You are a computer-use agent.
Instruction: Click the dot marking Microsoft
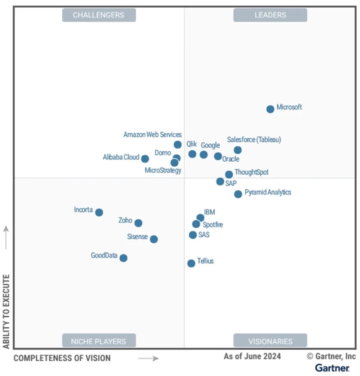coord(270,109)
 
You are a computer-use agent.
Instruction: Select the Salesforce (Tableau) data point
coord(238,150)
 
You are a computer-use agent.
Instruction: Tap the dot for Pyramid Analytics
coord(238,194)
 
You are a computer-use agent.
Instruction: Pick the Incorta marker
coord(99,213)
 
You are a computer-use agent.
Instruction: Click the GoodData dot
coord(123,258)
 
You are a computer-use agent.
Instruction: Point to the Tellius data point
coord(191,263)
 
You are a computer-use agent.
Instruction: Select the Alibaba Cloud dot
coord(145,159)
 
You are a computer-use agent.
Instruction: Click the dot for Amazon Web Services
coord(178,145)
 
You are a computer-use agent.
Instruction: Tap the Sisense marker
coord(154,239)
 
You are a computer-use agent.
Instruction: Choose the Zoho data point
coord(138,223)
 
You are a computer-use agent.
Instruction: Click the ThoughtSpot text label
coord(252,172)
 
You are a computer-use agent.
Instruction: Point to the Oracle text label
coord(231,159)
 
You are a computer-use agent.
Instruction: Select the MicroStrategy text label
coord(163,170)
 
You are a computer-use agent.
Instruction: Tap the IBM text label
coord(209,212)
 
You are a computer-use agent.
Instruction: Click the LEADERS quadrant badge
coord(270,15)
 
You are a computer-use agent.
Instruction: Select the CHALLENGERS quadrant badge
coord(99,15)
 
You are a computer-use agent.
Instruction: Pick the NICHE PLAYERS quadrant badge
coord(99,341)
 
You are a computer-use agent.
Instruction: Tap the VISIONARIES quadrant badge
coord(270,341)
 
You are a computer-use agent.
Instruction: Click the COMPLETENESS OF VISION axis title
coord(62,358)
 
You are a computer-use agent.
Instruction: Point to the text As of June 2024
coord(252,356)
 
